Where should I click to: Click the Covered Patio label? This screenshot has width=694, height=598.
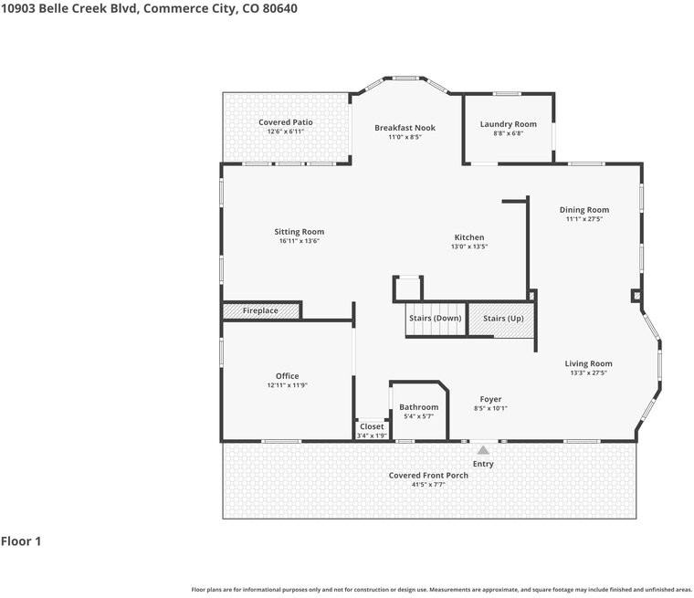tap(286, 122)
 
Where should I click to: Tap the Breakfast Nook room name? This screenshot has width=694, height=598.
tap(405, 128)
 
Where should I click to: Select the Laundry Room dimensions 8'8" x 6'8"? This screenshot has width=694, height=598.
tap(509, 133)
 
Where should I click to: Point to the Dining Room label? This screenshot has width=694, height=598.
tap(584, 210)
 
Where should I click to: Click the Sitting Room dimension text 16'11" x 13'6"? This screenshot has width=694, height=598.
tap(300, 241)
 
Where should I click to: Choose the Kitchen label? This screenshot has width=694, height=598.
tap(469, 237)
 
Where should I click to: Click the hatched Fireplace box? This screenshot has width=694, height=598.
tap(261, 311)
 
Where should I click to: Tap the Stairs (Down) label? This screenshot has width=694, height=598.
tap(435, 318)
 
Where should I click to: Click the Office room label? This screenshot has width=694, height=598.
tap(288, 376)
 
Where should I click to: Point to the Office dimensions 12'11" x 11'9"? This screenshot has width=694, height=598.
tap(288, 385)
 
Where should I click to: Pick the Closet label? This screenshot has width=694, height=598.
tap(372, 426)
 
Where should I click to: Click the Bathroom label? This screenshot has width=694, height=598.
tap(418, 407)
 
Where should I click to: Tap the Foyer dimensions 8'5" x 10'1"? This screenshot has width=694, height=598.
tap(490, 408)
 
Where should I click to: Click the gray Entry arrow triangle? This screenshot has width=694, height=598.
tap(483, 449)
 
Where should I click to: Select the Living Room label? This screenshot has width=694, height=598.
tap(588, 363)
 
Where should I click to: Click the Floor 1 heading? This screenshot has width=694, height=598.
tap(21, 541)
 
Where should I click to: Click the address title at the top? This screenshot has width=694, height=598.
tap(149, 8)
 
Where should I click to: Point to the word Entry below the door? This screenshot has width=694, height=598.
tap(483, 464)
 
